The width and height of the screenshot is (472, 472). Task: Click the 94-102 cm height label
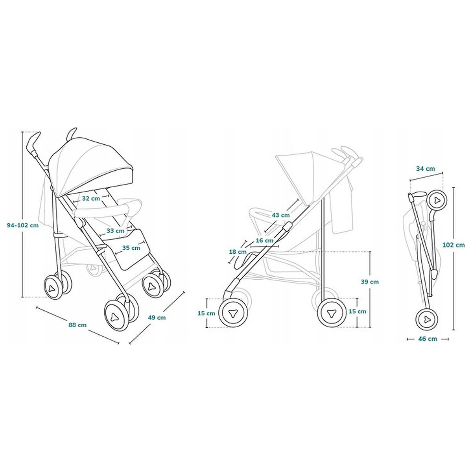[x=23, y=225]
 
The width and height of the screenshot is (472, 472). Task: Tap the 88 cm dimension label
[x=77, y=325]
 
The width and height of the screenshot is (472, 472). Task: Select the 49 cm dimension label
[x=157, y=317]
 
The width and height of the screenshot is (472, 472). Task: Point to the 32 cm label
[x=91, y=199]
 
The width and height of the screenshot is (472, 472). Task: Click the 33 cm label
[x=115, y=230]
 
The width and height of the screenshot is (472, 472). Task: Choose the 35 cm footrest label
[x=131, y=248]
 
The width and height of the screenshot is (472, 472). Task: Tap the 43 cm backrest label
[x=280, y=215]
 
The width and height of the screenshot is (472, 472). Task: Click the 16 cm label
[x=264, y=240]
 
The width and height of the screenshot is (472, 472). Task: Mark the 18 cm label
[x=238, y=252]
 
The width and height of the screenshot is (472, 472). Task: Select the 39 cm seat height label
[x=370, y=282]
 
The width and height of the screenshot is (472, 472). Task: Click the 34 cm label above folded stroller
[x=426, y=169]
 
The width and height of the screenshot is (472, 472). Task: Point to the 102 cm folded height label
[x=454, y=245]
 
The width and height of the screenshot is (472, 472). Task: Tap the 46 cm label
[x=427, y=339]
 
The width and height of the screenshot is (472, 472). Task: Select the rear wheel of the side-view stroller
[x=330, y=313]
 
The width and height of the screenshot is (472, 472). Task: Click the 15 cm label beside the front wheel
[x=206, y=313]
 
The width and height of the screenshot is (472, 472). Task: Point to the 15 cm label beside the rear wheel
[x=357, y=311]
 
